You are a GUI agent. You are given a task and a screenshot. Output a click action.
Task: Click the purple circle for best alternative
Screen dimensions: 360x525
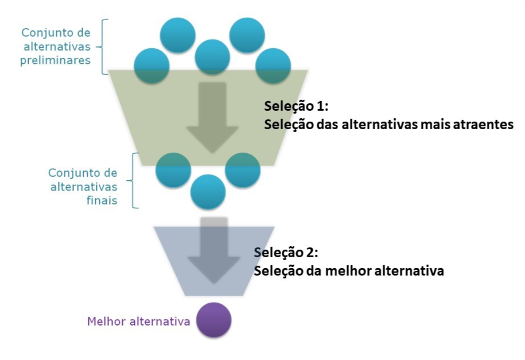[213, 320]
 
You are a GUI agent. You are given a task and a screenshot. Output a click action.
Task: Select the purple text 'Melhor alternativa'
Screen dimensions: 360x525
[138, 322]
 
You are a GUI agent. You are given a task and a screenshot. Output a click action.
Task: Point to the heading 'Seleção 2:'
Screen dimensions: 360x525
[285, 252]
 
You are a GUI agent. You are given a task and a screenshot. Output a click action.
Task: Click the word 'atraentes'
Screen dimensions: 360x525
[484, 124]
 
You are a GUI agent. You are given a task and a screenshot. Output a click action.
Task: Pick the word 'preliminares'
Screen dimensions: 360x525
[60, 60]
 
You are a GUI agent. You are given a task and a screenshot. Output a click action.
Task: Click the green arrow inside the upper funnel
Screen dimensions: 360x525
[212, 117]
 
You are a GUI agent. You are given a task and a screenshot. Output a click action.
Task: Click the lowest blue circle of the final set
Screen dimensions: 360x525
[208, 191]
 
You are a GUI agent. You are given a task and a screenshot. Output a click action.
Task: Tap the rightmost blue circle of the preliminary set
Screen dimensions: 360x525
[273, 65]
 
